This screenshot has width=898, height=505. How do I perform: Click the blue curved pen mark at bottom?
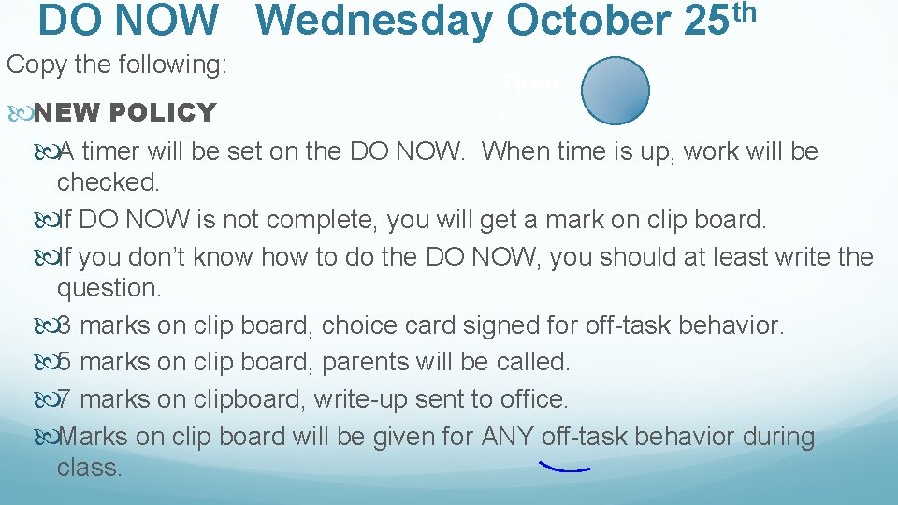[564, 466]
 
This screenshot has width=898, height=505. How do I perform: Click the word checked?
[108, 182]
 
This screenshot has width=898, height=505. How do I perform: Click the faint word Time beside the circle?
[529, 84]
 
